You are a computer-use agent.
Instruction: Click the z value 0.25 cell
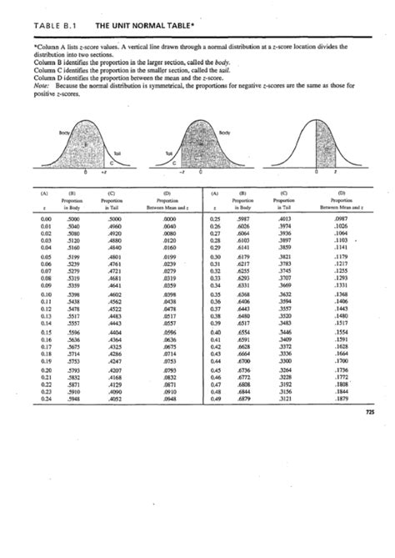click(x=215, y=217)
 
